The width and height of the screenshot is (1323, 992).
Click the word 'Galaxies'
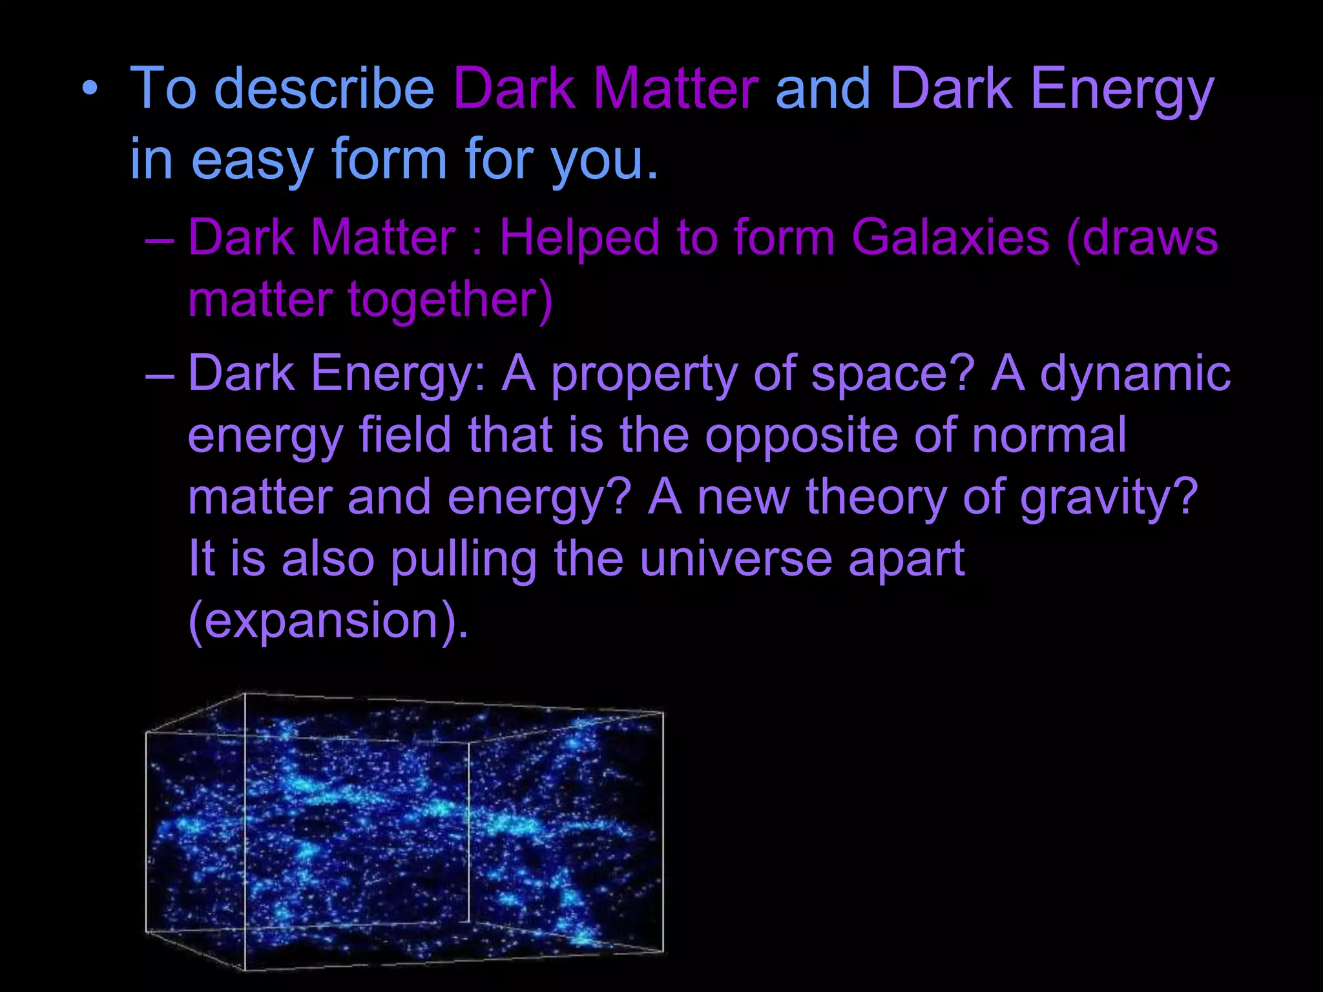(x=950, y=238)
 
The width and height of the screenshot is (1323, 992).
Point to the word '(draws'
(x=1142, y=238)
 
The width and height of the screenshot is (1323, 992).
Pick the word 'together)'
(x=451, y=300)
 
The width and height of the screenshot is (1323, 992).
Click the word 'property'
(x=643, y=375)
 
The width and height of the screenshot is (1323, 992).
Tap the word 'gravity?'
(x=1109, y=497)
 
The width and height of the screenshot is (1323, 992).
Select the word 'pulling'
(x=464, y=559)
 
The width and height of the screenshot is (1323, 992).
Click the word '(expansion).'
(x=328, y=621)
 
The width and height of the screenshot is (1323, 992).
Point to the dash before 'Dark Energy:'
(x=160, y=375)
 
